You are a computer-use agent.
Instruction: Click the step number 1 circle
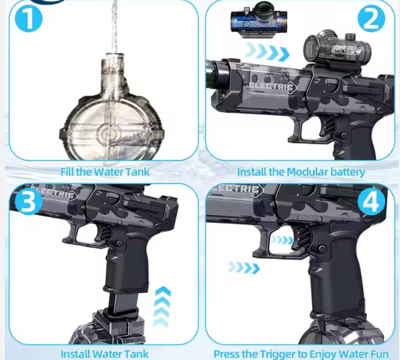click(29, 18)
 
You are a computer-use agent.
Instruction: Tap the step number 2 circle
click(371, 18)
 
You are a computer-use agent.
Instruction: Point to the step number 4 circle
click(371, 202)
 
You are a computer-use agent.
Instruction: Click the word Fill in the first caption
click(67, 172)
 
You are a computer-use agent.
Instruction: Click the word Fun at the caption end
click(380, 354)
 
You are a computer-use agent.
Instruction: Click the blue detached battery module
click(259, 20)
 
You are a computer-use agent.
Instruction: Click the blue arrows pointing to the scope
click(268, 52)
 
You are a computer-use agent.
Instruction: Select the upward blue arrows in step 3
click(163, 307)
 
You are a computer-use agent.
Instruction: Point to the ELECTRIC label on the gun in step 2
click(271, 87)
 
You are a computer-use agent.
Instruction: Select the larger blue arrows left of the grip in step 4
click(244, 268)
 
